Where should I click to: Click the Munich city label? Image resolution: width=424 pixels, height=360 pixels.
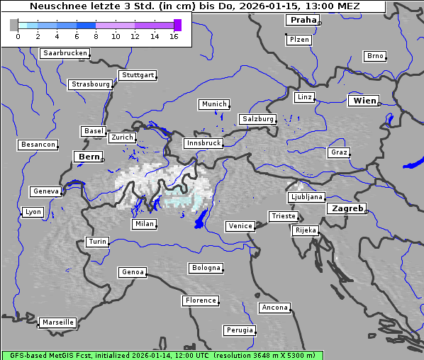[x=213, y=104]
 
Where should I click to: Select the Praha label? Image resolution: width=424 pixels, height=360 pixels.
[x=303, y=20]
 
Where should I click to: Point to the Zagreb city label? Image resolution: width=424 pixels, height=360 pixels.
[x=346, y=208]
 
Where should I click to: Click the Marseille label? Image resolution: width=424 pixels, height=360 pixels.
[x=57, y=322]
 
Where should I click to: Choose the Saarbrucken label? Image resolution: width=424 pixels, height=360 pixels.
[x=65, y=53]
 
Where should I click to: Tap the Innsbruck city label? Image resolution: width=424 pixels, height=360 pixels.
[x=203, y=143]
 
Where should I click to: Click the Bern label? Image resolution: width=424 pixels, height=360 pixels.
[x=89, y=157]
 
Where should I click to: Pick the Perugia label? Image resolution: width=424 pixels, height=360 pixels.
[x=239, y=330]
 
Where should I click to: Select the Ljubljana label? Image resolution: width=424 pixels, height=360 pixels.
[x=306, y=197]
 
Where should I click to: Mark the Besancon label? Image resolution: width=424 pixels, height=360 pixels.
[x=38, y=145]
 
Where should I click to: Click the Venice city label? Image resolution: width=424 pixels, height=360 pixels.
[x=240, y=226]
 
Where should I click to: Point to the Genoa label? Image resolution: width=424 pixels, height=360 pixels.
[x=133, y=272]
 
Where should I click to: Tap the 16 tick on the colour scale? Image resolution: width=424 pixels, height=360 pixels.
[x=174, y=35]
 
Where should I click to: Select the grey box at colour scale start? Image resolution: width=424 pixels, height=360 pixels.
[x=14, y=25]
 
